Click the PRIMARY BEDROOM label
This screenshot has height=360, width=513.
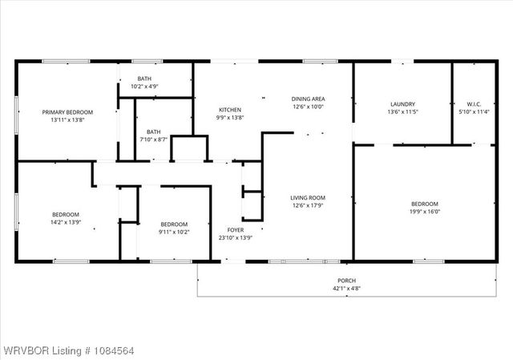pyautogui.click(x=67, y=112)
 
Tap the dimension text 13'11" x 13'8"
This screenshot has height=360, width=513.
pyautogui.click(x=67, y=119)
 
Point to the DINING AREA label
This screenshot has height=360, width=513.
pyautogui.click(x=307, y=99)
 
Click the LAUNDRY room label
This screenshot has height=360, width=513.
pyautogui.click(x=402, y=104)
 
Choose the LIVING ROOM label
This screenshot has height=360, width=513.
pyautogui.click(x=307, y=197)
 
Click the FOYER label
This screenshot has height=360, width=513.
pyautogui.click(x=235, y=230)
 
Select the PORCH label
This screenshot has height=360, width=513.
pyautogui.click(x=346, y=281)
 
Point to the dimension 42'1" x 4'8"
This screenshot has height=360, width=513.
pyautogui.click(x=346, y=289)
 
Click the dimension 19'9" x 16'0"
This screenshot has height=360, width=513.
pyautogui.click(x=425, y=212)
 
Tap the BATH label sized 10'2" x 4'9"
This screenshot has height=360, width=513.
pyautogui.click(x=144, y=79)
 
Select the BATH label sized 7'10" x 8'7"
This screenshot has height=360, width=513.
pyautogui.click(x=153, y=132)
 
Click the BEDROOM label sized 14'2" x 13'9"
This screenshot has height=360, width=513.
pyautogui.click(x=66, y=214)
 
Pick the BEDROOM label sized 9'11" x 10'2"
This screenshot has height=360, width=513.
pyautogui.click(x=174, y=224)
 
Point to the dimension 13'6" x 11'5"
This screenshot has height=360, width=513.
pyautogui.click(x=402, y=112)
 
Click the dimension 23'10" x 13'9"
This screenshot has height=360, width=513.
pyautogui.click(x=235, y=237)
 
